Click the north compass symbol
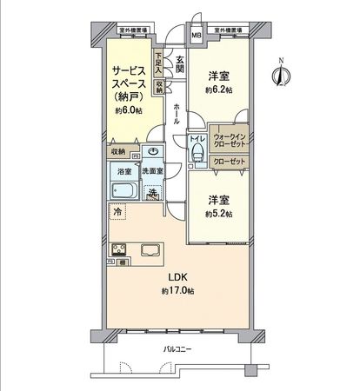coord(281,75)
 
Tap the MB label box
coord(196,36)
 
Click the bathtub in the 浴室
coord(123,191)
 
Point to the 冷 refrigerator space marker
coord(117,211)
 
